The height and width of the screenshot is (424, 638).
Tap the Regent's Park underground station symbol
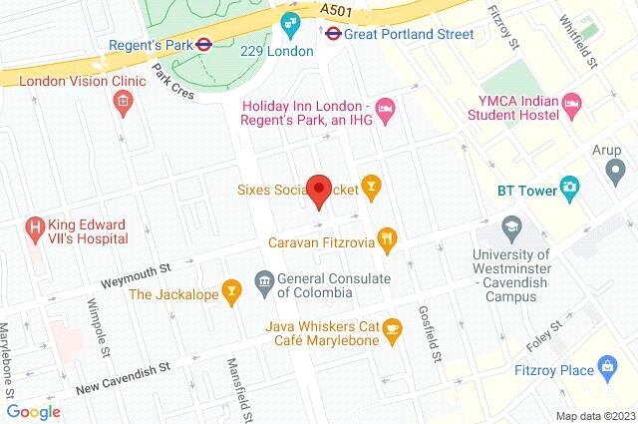pos(201,43)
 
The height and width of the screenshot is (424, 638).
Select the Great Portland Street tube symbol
pos(333,32)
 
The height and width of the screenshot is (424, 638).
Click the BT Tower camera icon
pos(569,186)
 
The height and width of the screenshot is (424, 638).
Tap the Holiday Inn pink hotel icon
pos(386,107)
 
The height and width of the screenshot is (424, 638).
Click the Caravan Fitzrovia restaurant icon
pos(388,240)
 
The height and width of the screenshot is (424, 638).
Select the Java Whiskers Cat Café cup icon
pos(392,327)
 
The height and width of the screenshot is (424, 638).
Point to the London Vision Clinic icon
pos(122,101)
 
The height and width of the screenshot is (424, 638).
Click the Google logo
pos(34,411)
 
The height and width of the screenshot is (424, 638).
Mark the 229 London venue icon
pos(289,22)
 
